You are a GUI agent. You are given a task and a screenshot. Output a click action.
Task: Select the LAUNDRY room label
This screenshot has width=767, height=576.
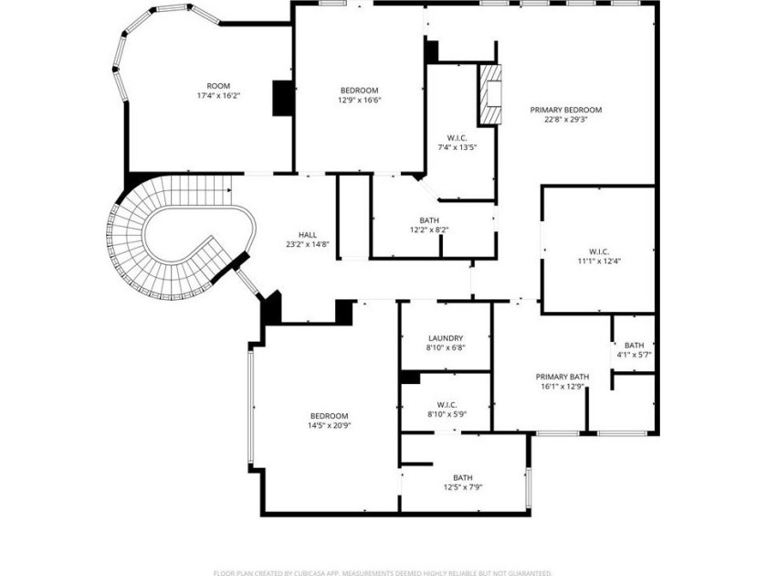click(446, 337)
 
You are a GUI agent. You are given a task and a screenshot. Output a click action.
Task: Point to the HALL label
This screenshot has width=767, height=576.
click(308, 234)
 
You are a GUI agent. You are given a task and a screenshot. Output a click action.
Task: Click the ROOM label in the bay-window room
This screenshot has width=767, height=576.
click(217, 85)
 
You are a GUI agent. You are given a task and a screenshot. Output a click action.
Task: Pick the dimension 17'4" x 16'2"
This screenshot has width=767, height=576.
click(217, 95)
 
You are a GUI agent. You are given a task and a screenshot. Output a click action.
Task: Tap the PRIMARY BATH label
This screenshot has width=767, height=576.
click(562, 377)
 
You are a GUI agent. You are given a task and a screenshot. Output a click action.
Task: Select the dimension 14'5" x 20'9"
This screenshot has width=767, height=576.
click(328, 425)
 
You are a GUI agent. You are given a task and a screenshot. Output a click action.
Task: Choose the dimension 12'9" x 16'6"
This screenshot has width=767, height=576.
click(360, 100)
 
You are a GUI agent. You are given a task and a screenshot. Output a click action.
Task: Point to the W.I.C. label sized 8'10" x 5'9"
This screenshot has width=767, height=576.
click(447, 404)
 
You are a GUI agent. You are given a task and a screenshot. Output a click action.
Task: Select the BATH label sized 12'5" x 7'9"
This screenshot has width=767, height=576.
click(463, 477)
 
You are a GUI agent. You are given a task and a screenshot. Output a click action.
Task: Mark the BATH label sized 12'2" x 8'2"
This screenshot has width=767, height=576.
click(429, 219)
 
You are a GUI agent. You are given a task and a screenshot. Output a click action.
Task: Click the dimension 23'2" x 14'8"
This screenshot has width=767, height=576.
click(308, 244)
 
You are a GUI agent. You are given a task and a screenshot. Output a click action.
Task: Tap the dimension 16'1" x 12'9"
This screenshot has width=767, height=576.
click(562, 387)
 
